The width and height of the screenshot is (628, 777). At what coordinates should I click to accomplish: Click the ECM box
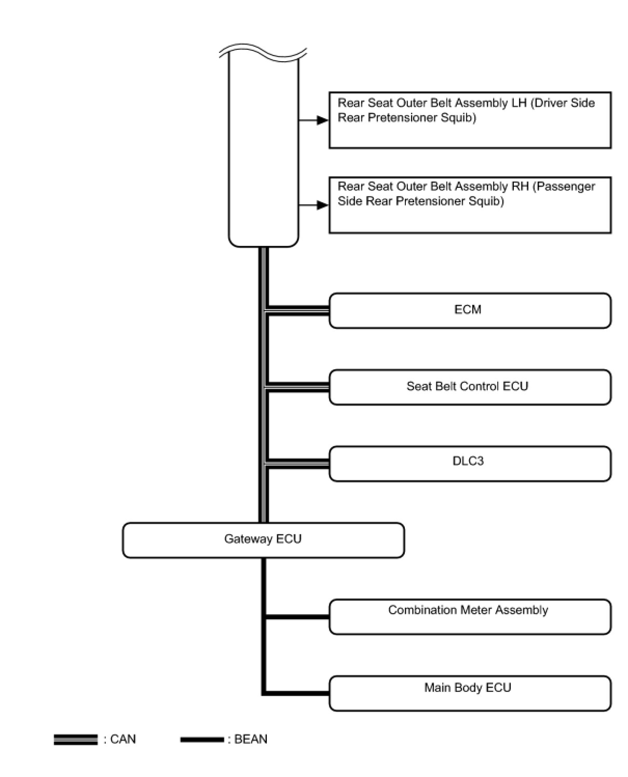470,310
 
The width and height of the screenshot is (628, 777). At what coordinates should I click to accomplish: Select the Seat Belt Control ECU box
470,387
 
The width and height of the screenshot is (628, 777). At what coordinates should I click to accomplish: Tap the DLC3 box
470,463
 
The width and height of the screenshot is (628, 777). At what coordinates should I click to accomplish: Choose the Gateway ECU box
263,540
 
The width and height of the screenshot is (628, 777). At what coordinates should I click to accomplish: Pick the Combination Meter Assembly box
470,617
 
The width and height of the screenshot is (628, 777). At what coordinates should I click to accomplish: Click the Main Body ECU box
470,693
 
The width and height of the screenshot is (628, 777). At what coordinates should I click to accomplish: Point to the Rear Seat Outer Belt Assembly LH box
470,120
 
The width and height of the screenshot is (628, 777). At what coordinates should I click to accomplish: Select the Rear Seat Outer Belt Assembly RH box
470,205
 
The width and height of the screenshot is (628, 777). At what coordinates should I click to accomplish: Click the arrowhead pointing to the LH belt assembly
323,120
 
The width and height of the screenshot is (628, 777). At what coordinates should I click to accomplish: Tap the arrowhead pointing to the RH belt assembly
323,205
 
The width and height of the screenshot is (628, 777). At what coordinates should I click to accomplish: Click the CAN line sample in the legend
75,740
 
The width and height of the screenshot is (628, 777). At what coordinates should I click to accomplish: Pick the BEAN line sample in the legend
202,740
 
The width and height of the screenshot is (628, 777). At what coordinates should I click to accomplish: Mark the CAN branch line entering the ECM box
298,311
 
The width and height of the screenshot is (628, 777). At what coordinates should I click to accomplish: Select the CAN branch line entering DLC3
298,464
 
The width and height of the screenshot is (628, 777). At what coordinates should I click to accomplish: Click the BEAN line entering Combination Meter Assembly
298,617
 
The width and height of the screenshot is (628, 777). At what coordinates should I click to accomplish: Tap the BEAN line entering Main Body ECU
298,693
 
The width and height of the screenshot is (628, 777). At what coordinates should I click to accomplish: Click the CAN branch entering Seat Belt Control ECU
298,387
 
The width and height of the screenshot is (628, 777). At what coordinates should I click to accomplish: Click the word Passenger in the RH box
565,187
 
